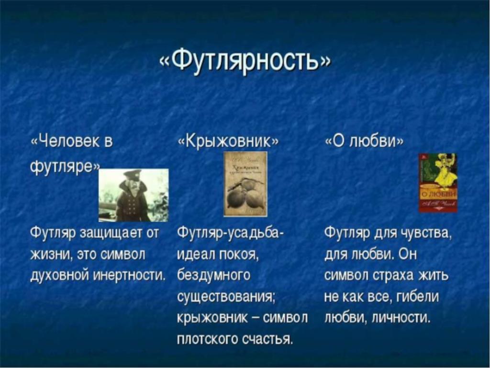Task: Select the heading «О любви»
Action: click(x=364, y=141)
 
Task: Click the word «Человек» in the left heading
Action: click(x=67, y=142)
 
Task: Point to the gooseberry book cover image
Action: click(x=245, y=184)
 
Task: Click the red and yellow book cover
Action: click(x=438, y=183)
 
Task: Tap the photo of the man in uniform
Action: click(x=134, y=195)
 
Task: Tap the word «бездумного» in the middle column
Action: click(x=214, y=276)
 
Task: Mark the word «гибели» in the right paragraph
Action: click(x=418, y=296)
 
